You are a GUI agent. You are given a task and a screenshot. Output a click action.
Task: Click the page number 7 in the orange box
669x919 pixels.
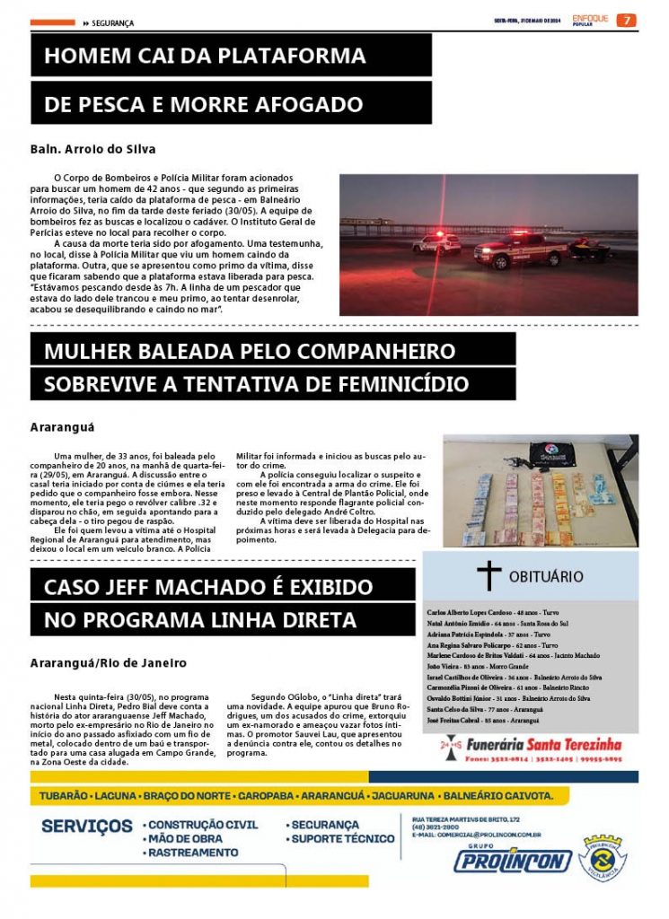pyautogui.click(x=627, y=21)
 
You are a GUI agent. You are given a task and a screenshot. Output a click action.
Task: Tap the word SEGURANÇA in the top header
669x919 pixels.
pyautogui.click(x=112, y=23)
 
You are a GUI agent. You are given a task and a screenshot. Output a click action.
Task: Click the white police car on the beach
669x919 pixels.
pyautogui.click(x=437, y=242)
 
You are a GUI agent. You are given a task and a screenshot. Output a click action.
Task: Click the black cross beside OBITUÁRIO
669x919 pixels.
pyautogui.click(x=489, y=574)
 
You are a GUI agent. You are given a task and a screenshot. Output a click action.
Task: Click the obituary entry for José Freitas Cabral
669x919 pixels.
pyautogui.click(x=483, y=720)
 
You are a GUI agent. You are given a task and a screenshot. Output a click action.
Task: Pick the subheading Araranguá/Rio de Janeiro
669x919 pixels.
pyautogui.click(x=108, y=662)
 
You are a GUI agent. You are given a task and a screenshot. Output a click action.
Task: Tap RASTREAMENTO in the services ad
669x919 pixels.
pyautogui.click(x=192, y=853)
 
